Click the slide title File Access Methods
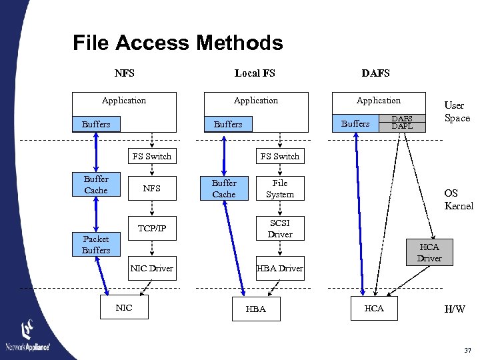coord(177,43)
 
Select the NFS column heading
coord(124,73)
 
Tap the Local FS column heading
coord(255,73)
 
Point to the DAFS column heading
coord(375,73)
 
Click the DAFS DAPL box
coord(401,122)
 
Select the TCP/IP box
coord(151,228)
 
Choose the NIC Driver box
coord(151,268)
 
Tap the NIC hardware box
coord(124,308)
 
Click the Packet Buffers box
coord(96,245)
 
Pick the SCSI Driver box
coord(280,228)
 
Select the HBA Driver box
coord(280,268)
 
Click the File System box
coord(280,189)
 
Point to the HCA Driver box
coord(429,252)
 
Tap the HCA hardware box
coord(374,308)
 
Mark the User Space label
coord(457,111)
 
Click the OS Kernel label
coord(459,200)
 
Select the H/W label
coord(455,309)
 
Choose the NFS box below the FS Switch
coord(151,189)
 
